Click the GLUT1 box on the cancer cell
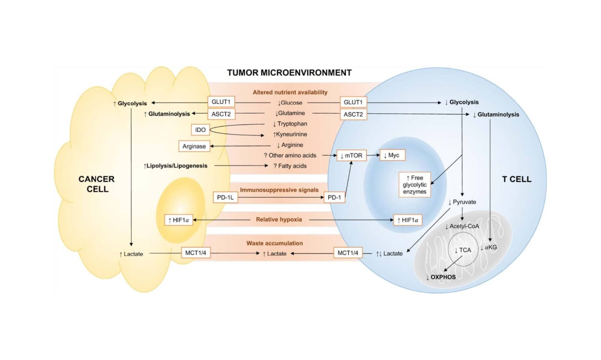pos(221,102)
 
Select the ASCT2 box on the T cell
pos(353,114)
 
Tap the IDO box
pos(200,130)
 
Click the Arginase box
pos(194,146)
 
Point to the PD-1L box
pos(225,197)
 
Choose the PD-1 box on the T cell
pos(334,197)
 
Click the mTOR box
pos(351,155)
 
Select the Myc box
pos(392,155)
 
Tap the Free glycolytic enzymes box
pos(414,185)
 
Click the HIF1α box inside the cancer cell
pos(178,220)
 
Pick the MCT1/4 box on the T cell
pos(348,253)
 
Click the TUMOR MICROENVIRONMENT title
pos(289,73)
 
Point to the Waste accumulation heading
pos(274,243)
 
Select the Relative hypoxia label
pos(279,220)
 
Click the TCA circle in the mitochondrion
pos(463,250)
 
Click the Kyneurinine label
pos(290,134)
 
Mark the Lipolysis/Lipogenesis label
pos(175,166)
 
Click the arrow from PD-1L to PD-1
pos(280,197)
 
